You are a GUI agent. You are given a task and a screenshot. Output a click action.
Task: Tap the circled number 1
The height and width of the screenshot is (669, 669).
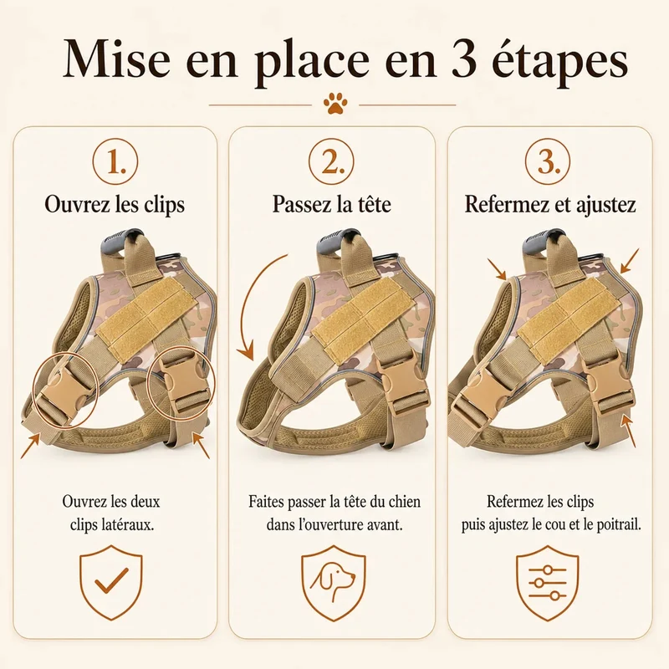[x=115, y=162]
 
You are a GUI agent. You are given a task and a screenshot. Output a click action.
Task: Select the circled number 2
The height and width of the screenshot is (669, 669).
[x=331, y=162]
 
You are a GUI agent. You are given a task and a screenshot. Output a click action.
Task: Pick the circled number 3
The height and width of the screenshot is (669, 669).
[x=548, y=162]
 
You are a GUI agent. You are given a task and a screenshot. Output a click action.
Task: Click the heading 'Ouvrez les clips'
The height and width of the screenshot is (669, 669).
[x=115, y=204]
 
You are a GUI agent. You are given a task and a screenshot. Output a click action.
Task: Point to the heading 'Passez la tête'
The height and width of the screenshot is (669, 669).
[x=331, y=203]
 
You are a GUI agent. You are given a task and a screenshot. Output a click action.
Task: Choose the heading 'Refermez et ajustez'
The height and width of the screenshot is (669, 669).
[x=550, y=204]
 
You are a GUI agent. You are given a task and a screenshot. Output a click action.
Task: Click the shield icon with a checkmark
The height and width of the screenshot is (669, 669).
[x=111, y=582]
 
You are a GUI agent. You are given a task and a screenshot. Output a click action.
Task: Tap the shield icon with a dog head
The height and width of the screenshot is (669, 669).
[x=334, y=582]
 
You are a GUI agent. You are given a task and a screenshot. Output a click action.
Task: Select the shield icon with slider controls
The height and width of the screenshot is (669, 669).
[x=548, y=582]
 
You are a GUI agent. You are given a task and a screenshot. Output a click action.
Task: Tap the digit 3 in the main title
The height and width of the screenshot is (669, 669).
[x=463, y=59]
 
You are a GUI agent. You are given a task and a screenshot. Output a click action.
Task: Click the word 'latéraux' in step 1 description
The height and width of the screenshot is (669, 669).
[x=128, y=524]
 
